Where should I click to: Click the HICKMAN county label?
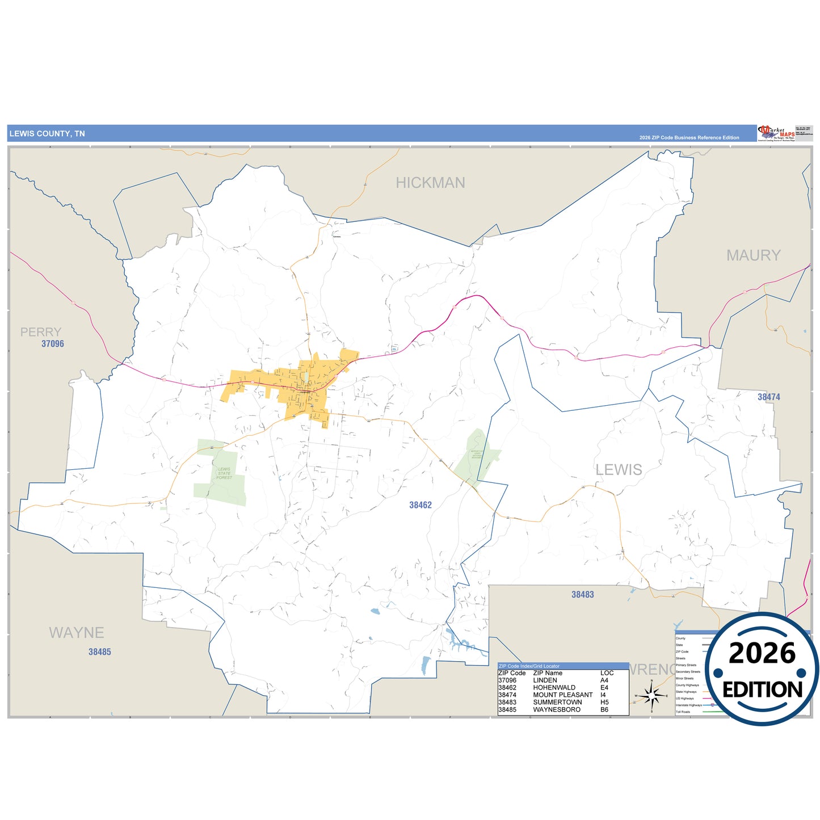pyautogui.click(x=430, y=183)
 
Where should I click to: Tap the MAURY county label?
pyautogui.click(x=753, y=255)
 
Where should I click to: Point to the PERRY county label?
pyautogui.click(x=41, y=332)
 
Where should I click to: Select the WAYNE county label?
pyautogui.click(x=77, y=633)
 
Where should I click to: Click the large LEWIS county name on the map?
pyautogui.click(x=619, y=470)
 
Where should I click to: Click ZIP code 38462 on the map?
pyautogui.click(x=420, y=505)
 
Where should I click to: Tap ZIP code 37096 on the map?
pyautogui.click(x=53, y=344)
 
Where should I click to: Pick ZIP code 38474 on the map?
pyautogui.click(x=769, y=397)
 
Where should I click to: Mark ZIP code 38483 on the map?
pyautogui.click(x=583, y=595)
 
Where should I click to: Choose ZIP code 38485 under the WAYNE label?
pyautogui.click(x=100, y=652)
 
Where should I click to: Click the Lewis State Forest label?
pyautogui.click(x=224, y=473)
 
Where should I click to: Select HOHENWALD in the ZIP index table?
pyautogui.click(x=554, y=687)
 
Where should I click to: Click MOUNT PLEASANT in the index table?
pyautogui.click(x=562, y=695)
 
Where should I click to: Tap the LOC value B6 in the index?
pyautogui.click(x=604, y=709)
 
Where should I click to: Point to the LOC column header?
pyautogui.click(x=607, y=673)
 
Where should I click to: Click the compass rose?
pyautogui.click(x=651, y=695)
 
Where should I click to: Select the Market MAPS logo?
pyautogui.click(x=776, y=133)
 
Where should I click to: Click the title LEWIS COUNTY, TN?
pyautogui.click(x=47, y=134)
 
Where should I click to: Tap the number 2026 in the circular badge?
pyautogui.click(x=762, y=653)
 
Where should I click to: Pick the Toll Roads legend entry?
pyautogui.click(x=683, y=712)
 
